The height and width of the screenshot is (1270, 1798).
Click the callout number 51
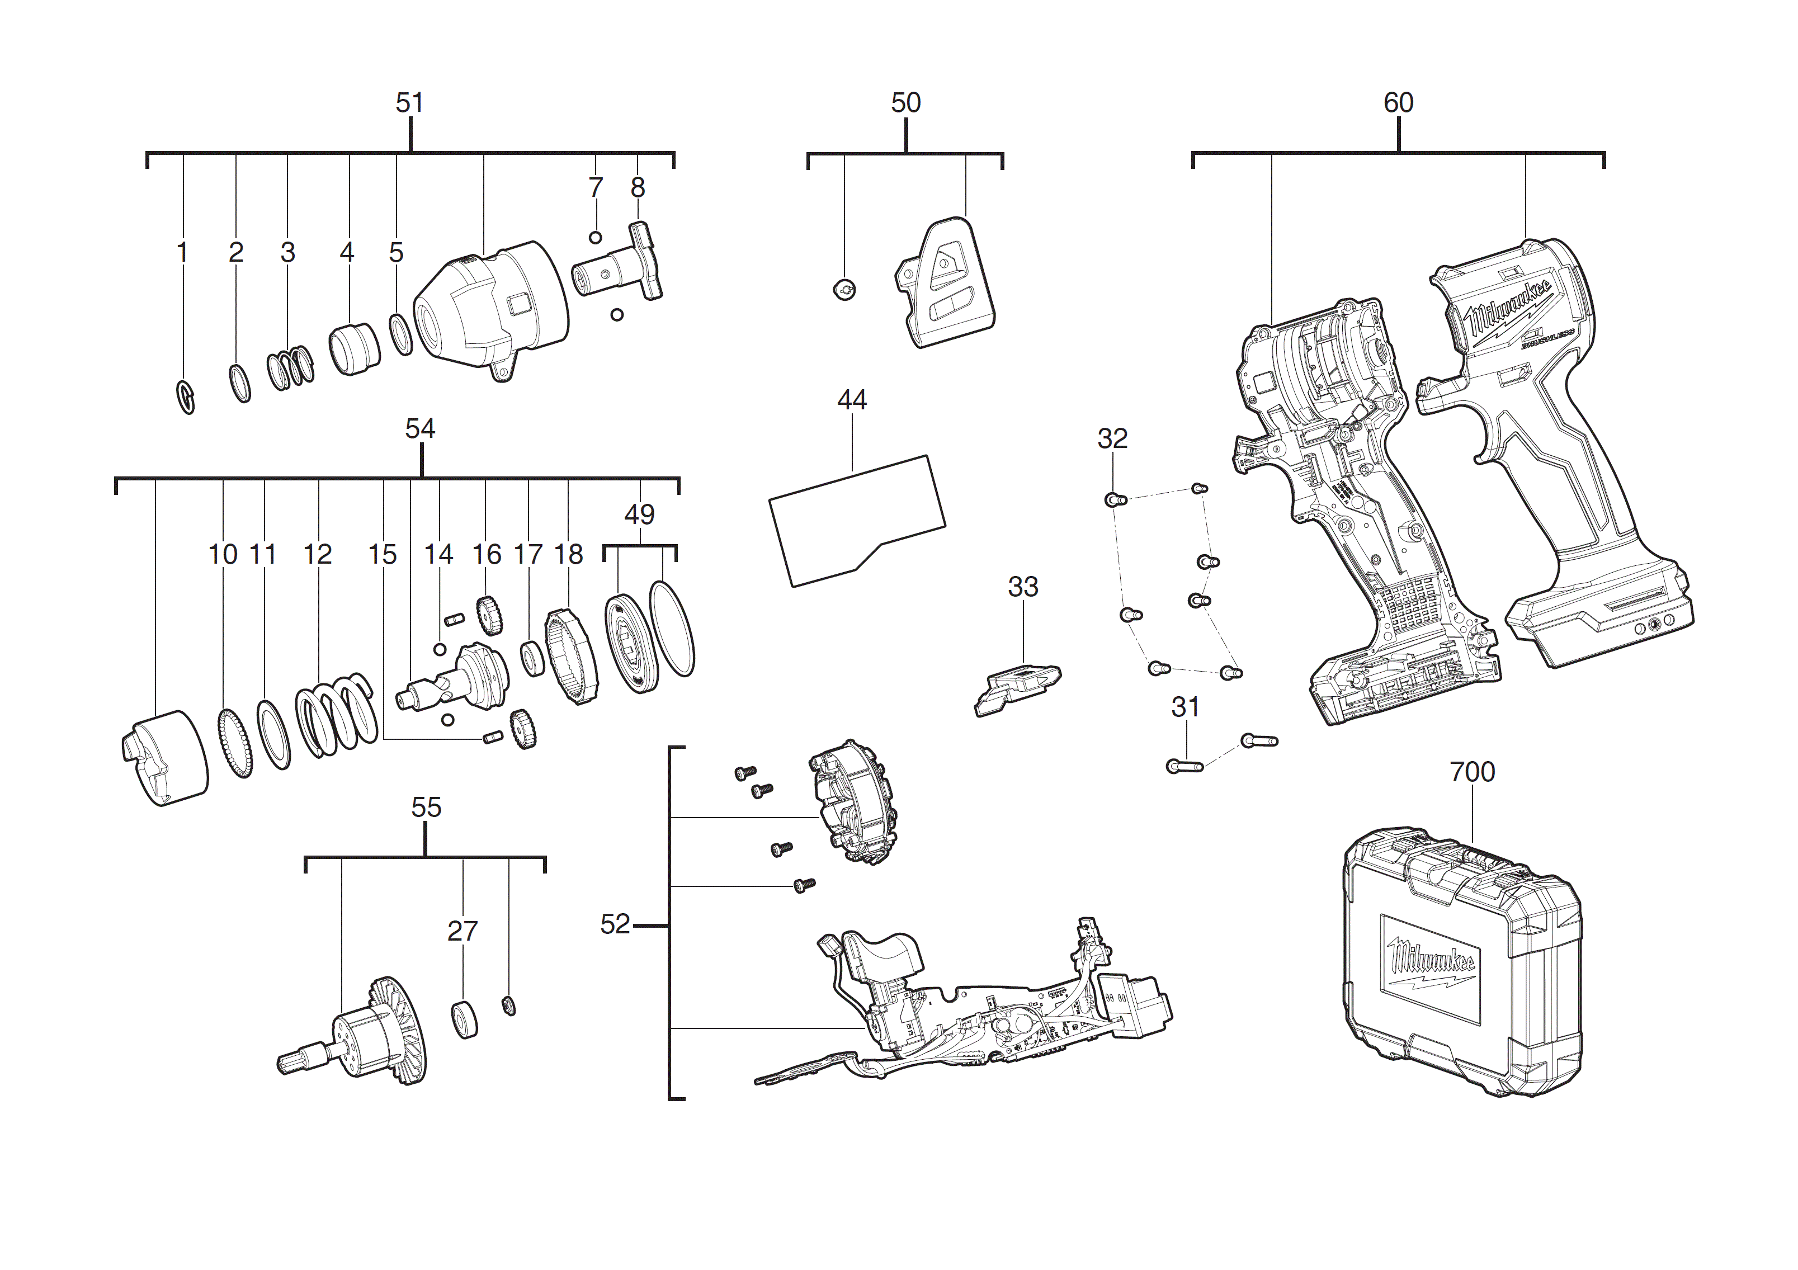pyautogui.click(x=409, y=102)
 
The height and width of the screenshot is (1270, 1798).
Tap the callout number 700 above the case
pyautogui.click(x=1472, y=772)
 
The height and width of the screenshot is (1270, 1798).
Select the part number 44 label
pyautogui.click(x=852, y=400)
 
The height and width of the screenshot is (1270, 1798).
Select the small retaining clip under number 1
pyautogui.click(x=186, y=397)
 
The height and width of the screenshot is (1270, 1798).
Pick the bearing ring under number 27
pyautogui.click(x=465, y=1019)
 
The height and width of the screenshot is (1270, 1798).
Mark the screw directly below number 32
pyautogui.click(x=1115, y=499)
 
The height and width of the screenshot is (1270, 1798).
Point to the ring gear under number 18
pyautogui.click(x=572, y=655)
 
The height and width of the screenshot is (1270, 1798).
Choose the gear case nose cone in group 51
pyautogui.click(x=489, y=309)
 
